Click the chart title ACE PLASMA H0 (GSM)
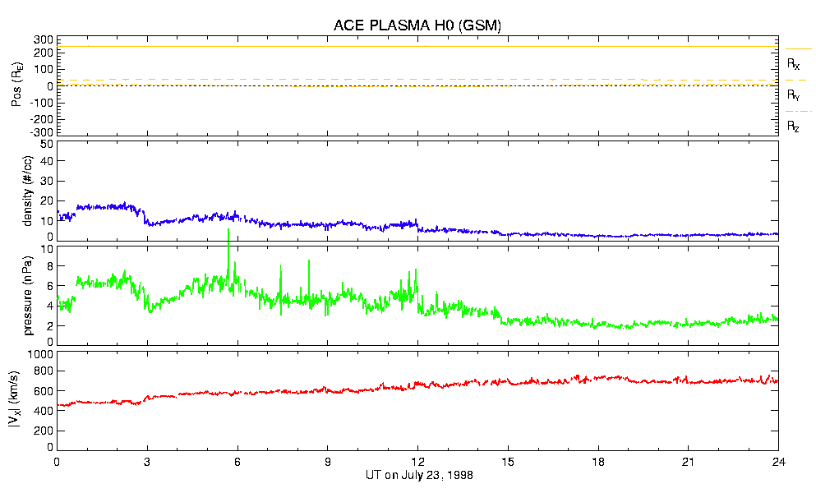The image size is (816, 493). (x=417, y=25)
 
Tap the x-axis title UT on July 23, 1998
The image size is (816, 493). (x=417, y=475)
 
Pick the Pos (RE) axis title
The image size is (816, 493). (x=16, y=86)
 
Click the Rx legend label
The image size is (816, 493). (x=793, y=64)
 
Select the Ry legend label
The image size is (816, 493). (x=793, y=95)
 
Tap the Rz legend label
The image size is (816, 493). (x=793, y=127)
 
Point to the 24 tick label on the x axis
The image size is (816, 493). (x=778, y=462)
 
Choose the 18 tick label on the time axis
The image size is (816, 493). (x=598, y=462)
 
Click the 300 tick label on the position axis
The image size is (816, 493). (x=44, y=39)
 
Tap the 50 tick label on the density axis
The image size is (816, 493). (x=47, y=145)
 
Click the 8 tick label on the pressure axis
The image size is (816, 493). (x=49, y=266)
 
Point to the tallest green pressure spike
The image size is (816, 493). (x=228, y=231)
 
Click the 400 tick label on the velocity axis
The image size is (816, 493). (x=44, y=411)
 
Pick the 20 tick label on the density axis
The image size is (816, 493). (x=47, y=201)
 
